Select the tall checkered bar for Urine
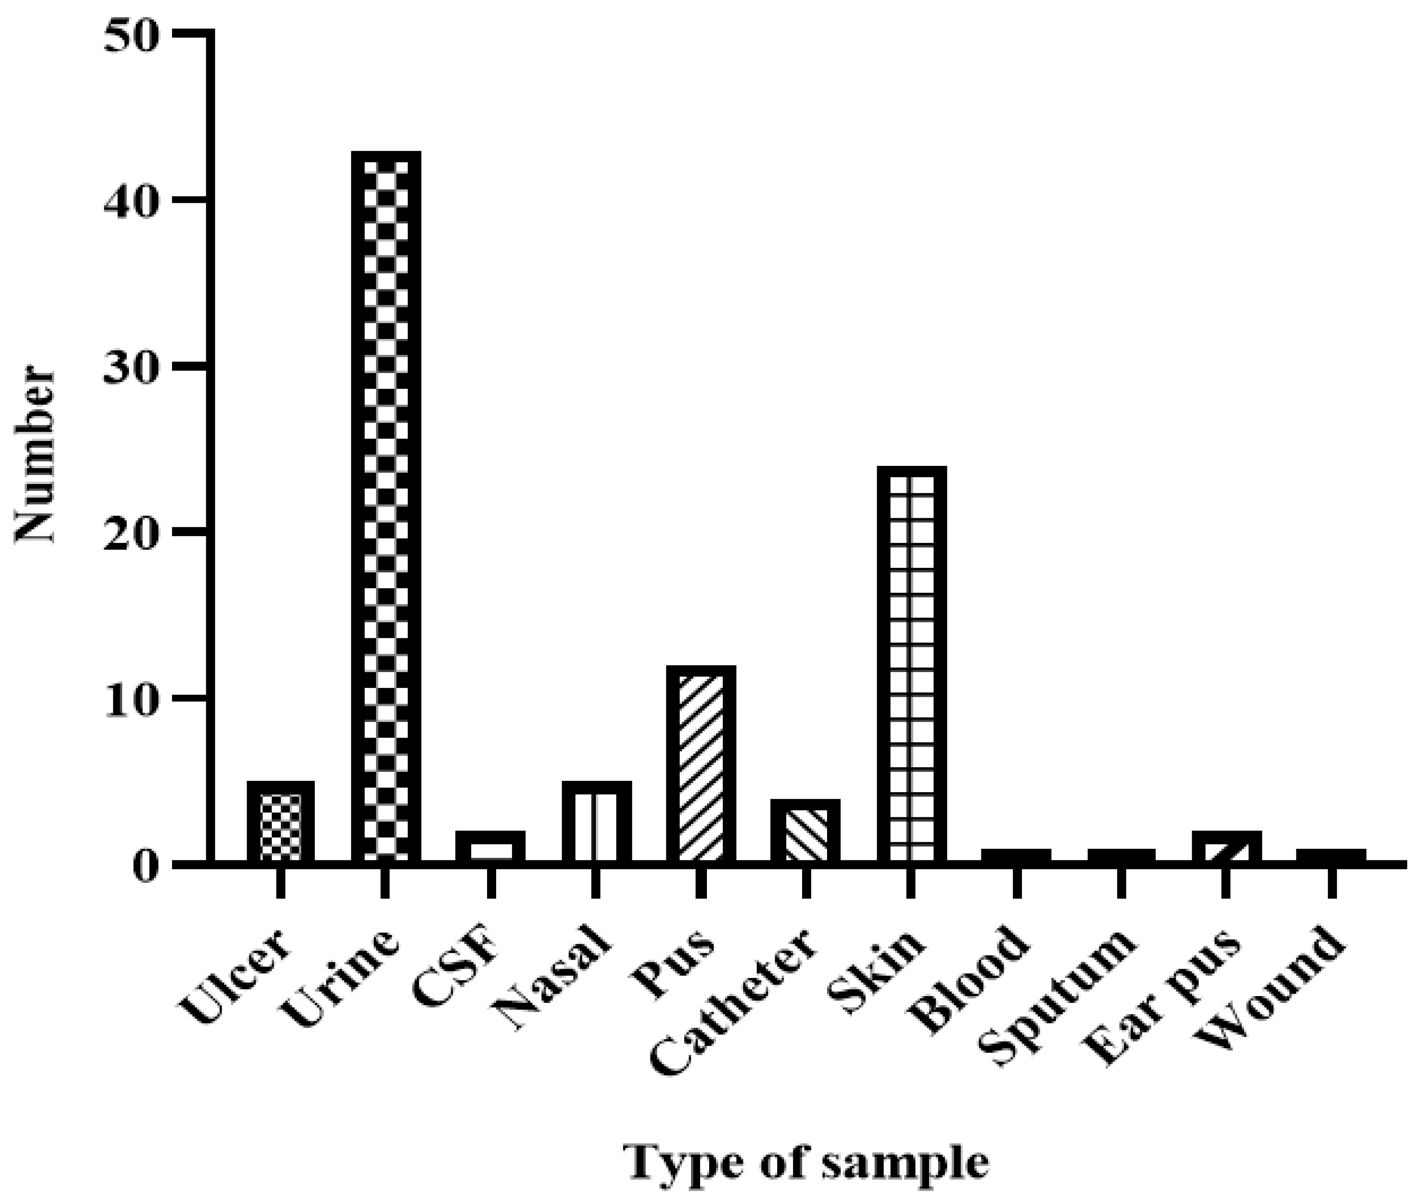coord(386,505)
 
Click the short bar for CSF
coord(490,846)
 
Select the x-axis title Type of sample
coord(806,1162)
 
